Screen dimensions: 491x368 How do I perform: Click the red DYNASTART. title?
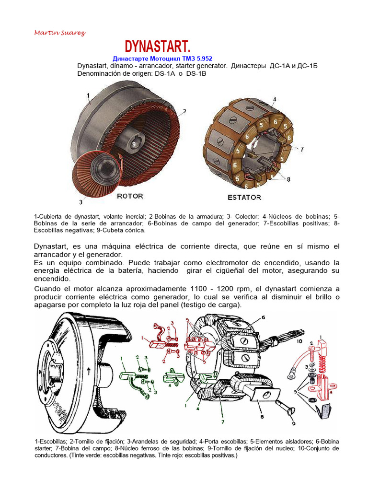click(x=158, y=47)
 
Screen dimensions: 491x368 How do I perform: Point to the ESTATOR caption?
click(x=244, y=197)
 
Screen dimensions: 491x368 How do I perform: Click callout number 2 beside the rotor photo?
click(x=184, y=111)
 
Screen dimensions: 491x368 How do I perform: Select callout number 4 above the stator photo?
click(x=274, y=100)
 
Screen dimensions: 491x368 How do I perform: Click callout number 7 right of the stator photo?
click(x=302, y=149)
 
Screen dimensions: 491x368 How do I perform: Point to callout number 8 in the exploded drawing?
click(x=262, y=417)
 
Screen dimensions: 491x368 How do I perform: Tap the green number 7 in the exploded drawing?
click(x=222, y=422)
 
